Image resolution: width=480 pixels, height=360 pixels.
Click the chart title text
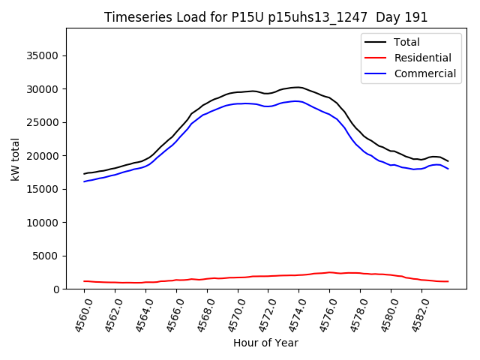point(266,17)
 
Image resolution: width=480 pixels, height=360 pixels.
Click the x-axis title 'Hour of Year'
point(265,343)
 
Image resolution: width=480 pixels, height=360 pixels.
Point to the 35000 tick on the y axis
point(43,55)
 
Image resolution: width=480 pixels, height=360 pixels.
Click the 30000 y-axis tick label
point(43,89)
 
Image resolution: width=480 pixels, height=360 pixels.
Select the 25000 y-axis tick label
point(43,122)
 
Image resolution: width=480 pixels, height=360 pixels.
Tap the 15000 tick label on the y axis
point(43,189)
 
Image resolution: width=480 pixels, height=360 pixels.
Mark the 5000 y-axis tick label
point(46,256)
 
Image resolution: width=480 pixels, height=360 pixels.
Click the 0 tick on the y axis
point(57,289)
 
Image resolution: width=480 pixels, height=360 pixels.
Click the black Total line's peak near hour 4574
point(298,87)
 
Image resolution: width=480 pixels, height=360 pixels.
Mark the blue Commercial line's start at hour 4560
point(84,181)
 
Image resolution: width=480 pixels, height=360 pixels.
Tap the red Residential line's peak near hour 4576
point(329,272)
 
